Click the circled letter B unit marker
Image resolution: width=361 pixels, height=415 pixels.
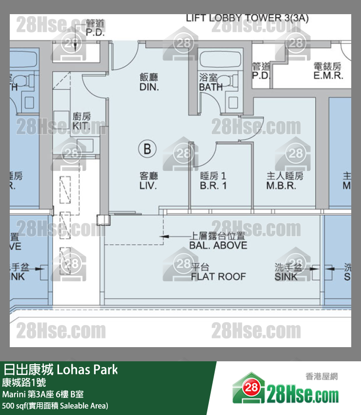(x=147, y=148)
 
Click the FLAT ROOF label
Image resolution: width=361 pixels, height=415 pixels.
(x=218, y=276)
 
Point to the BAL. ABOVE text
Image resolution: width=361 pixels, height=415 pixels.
(x=218, y=245)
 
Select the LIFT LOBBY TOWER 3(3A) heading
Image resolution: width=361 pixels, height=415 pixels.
(x=247, y=19)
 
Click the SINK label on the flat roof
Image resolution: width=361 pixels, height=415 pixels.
(x=286, y=276)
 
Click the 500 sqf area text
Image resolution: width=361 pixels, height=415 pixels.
(x=55, y=406)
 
